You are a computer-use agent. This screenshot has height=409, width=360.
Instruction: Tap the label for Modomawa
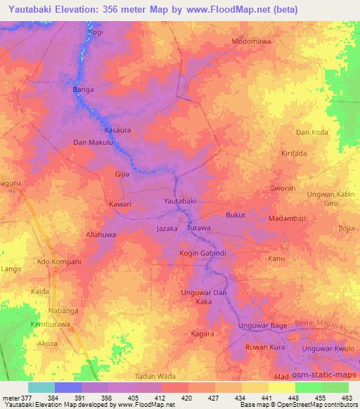point(252,41)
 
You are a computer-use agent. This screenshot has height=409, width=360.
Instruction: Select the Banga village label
point(84,90)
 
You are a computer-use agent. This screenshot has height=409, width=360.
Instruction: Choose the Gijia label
point(123,173)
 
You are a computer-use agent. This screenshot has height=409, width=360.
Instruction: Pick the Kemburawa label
point(51,325)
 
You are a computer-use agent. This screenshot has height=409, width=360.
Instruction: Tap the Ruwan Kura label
point(264,348)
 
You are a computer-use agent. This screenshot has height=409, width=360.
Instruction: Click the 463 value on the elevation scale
point(346,398)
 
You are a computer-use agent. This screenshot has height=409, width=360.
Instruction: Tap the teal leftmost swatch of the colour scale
point(41,387)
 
